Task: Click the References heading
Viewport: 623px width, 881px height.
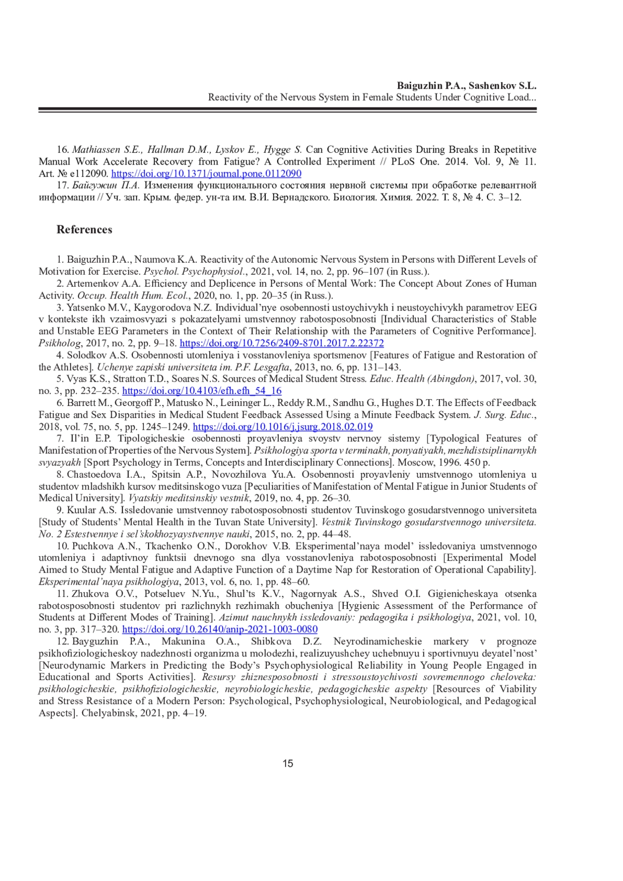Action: point(84,229)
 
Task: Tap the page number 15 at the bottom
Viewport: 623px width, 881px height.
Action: point(288,763)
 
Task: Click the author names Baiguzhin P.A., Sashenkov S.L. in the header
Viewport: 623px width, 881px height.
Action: point(466,86)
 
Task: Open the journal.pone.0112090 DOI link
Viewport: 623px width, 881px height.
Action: point(206,173)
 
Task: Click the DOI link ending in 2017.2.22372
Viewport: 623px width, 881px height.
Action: point(281,343)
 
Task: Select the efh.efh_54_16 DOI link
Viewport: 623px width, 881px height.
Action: point(202,391)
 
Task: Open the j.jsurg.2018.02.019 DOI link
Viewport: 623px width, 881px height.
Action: point(283,427)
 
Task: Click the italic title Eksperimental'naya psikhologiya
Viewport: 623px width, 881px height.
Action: point(109,581)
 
